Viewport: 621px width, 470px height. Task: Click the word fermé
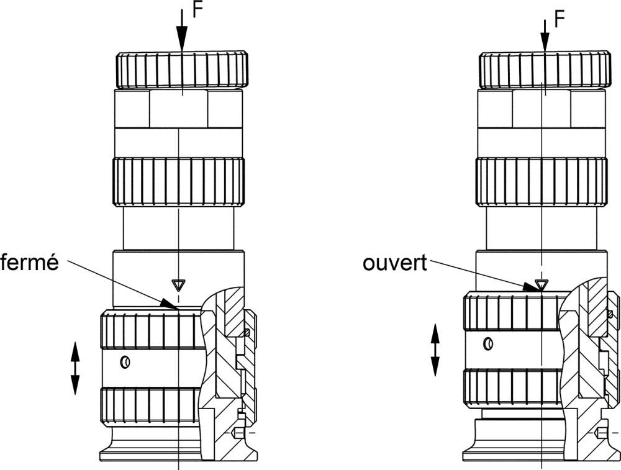[29, 263]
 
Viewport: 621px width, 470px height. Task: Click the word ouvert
[395, 263]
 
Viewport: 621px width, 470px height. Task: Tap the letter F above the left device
[197, 10]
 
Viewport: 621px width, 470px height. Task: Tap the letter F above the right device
[559, 19]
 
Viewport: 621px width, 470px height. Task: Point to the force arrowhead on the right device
[545, 42]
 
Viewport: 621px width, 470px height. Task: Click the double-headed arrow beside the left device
[75, 369]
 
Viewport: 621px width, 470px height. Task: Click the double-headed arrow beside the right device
[435, 350]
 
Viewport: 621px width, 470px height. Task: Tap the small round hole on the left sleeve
[125, 361]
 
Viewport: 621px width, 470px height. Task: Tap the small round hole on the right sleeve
[489, 343]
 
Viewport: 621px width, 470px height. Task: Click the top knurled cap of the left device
[182, 70]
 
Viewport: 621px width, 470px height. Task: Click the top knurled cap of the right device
[545, 70]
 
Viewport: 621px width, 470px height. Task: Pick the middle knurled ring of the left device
[179, 182]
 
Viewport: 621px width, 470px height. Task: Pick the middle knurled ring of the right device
[541, 182]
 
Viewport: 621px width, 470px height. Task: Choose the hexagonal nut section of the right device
[542, 109]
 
